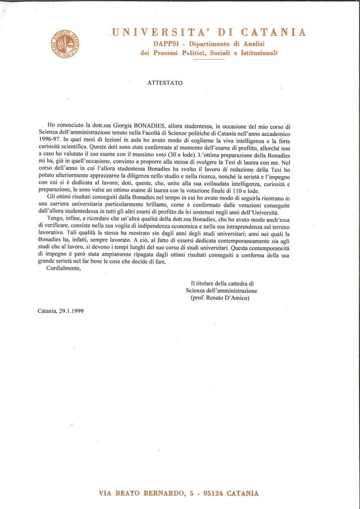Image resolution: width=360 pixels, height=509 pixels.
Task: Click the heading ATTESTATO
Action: click(164, 83)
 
